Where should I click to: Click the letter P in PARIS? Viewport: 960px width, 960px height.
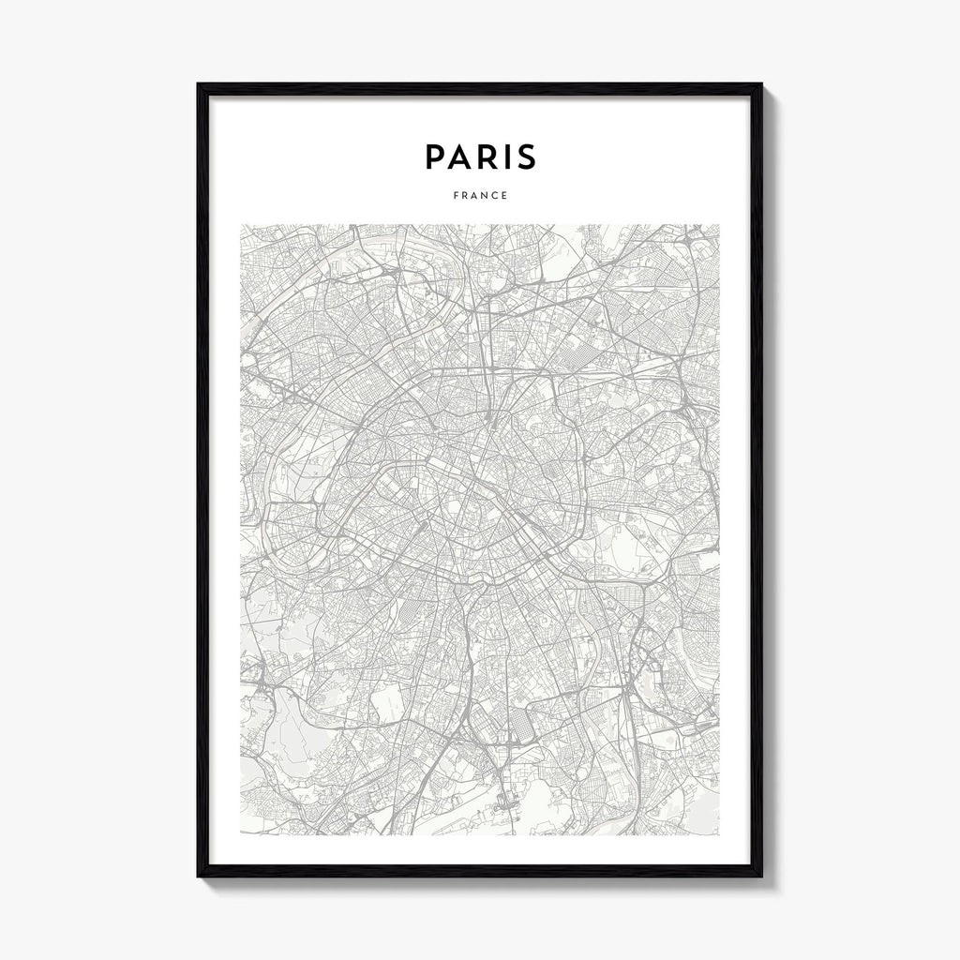pyautogui.click(x=436, y=157)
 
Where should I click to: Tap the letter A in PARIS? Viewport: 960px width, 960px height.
pyautogui.click(x=460, y=157)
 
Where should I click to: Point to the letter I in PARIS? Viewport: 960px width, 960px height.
pyautogui.click(x=506, y=157)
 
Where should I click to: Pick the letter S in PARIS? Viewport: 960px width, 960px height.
pyautogui.click(x=526, y=157)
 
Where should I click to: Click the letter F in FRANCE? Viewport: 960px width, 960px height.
pyautogui.click(x=455, y=196)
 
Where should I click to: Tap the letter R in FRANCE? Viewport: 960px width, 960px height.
pyautogui.click(x=464, y=196)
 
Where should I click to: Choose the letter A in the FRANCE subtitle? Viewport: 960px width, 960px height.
pyautogui.click(x=474, y=196)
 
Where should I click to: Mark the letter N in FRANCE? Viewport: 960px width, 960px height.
pyautogui.click(x=485, y=196)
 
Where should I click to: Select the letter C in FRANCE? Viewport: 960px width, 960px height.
pyautogui.click(x=495, y=196)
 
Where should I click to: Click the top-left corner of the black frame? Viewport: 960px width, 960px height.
pyautogui.click(x=199, y=84)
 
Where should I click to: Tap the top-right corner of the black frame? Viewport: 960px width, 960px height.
pyautogui.click(x=761, y=84)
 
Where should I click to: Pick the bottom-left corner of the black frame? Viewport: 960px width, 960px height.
pyautogui.click(x=199, y=876)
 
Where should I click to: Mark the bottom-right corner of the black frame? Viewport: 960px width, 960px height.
pyautogui.click(x=761, y=876)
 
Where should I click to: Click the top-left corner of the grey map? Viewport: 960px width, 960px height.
pyautogui.click(x=241, y=225)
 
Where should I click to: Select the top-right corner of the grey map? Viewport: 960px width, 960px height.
pyautogui.click(x=719, y=225)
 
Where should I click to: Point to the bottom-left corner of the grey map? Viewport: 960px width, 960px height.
pyautogui.click(x=241, y=833)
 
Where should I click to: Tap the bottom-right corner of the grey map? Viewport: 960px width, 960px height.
pyautogui.click(x=719, y=833)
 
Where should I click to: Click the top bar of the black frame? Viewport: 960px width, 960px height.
pyautogui.click(x=480, y=89)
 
